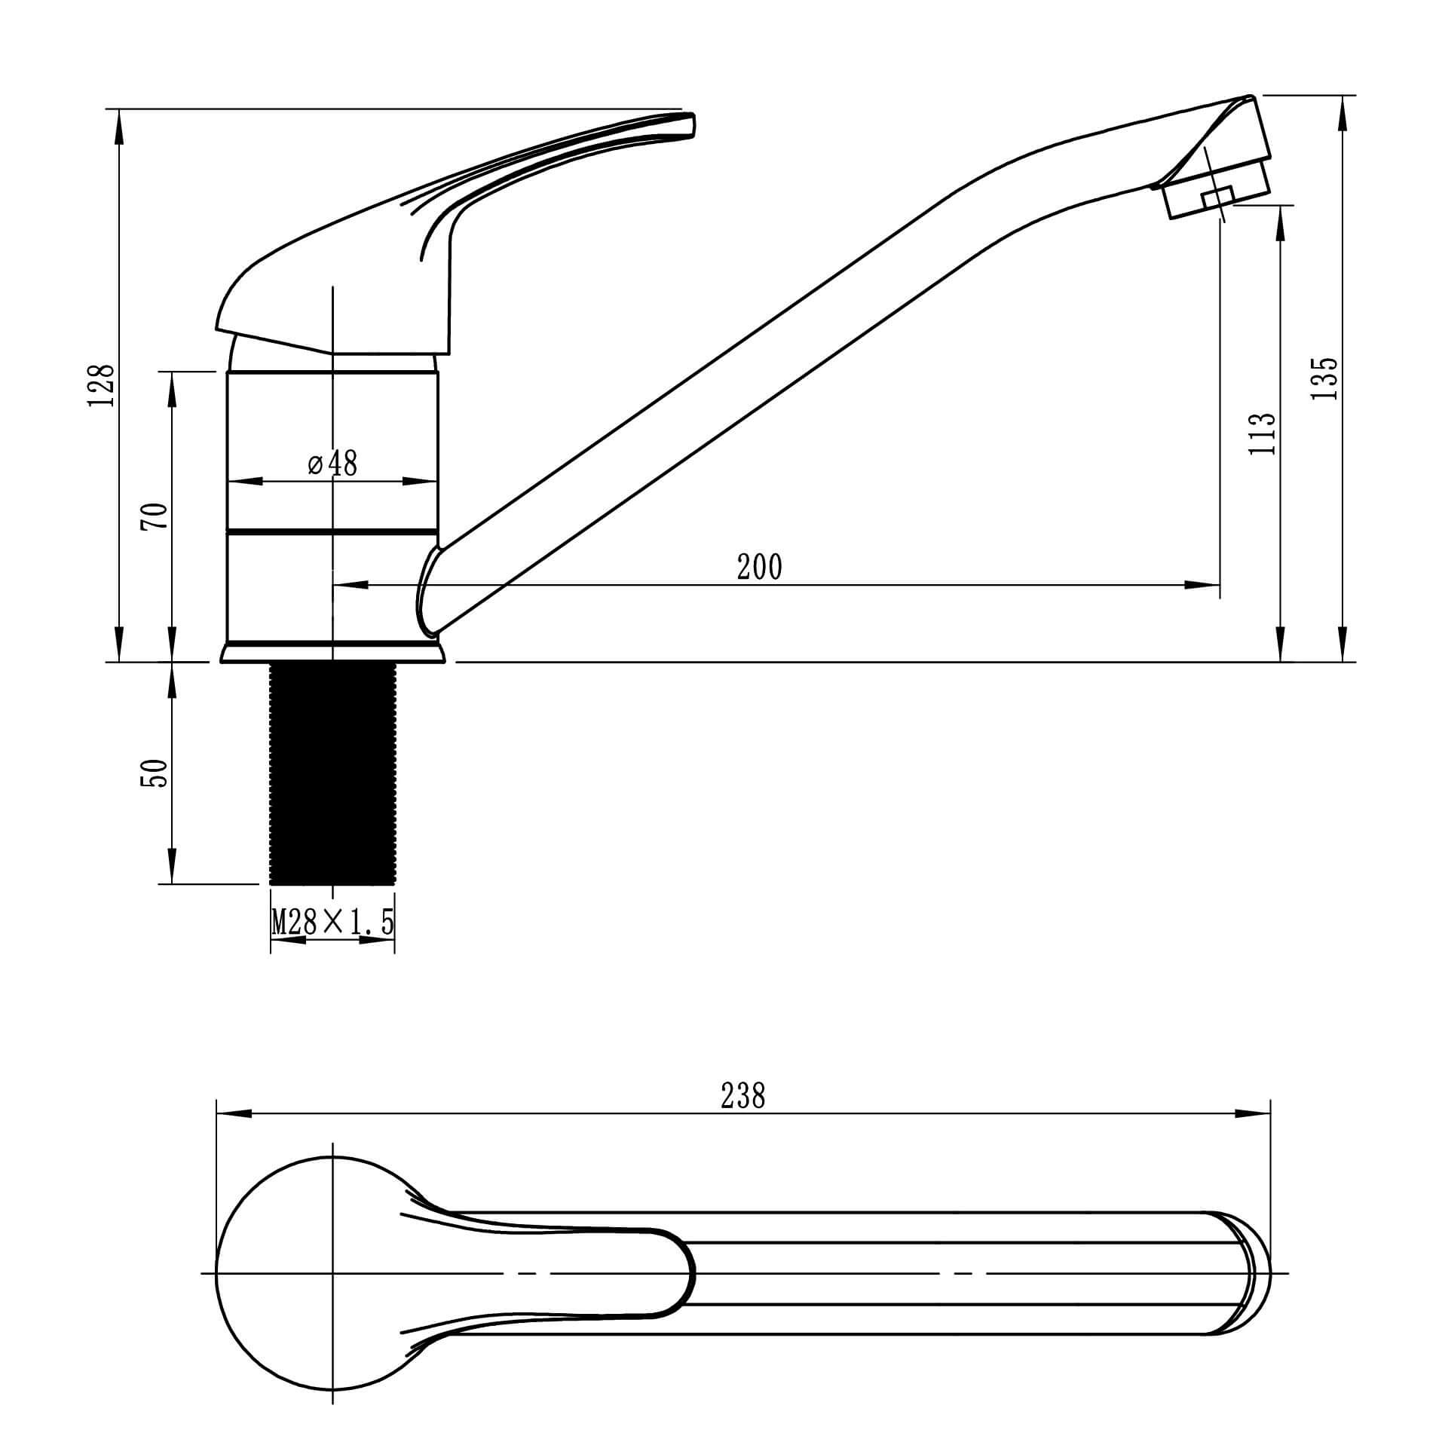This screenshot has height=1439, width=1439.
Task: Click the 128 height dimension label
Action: pyautogui.click(x=102, y=385)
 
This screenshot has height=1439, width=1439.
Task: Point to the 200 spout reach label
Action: pyautogui.click(x=760, y=566)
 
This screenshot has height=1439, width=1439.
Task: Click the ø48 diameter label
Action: pyautogui.click(x=332, y=464)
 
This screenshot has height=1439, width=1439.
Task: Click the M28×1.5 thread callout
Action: pyautogui.click(x=332, y=921)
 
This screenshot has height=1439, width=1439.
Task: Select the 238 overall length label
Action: pyautogui.click(x=742, y=1096)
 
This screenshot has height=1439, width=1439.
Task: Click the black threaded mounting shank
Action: pyautogui.click(x=332, y=773)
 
